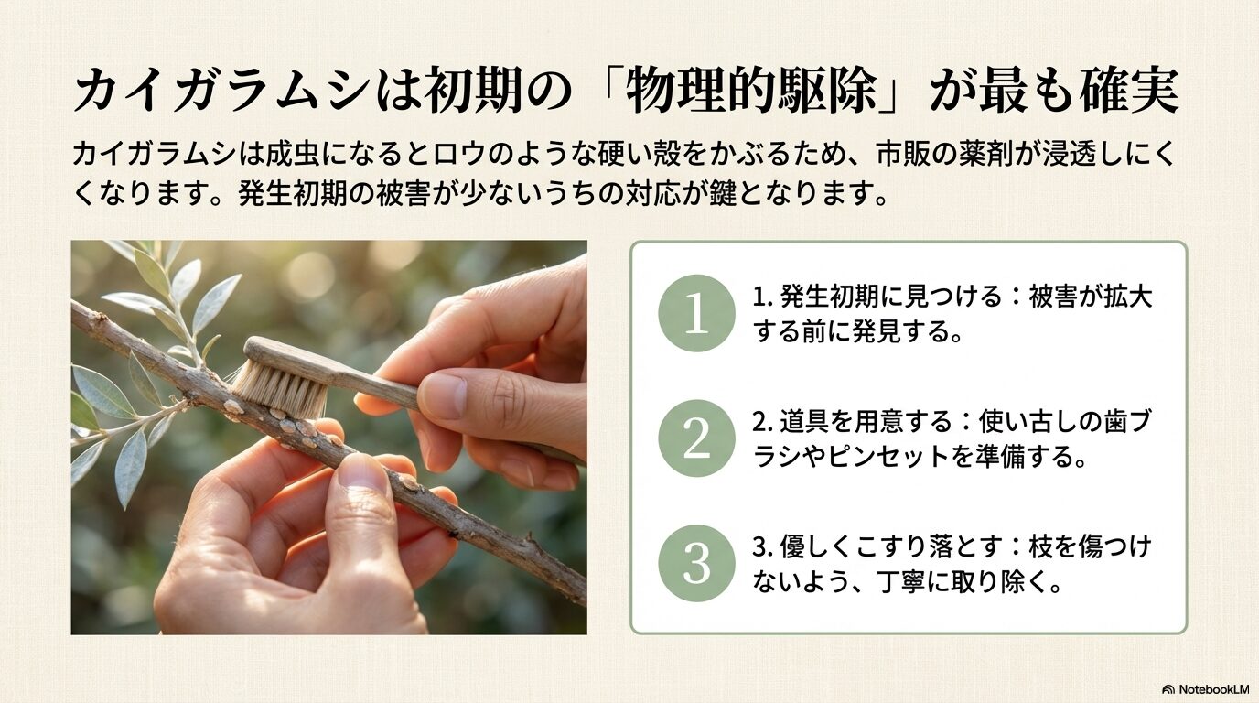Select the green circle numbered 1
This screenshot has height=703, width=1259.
[x=696, y=313]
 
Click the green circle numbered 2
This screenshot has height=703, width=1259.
[x=696, y=438]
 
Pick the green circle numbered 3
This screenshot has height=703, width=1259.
[x=696, y=562]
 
